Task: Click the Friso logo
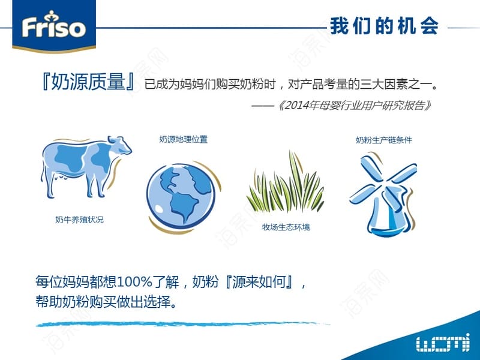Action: click(54, 26)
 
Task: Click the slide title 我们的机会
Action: click(385, 26)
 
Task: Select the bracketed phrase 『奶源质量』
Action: click(88, 82)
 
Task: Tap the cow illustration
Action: click(86, 167)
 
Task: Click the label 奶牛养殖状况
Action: click(79, 220)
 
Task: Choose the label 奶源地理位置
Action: click(184, 139)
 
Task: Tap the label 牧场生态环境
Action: click(286, 227)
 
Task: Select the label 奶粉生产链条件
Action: click(384, 140)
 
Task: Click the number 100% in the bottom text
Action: click(135, 281)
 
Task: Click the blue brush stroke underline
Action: click(183, 324)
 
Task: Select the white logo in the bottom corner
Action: click(443, 342)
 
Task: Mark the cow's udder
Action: click(62, 177)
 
